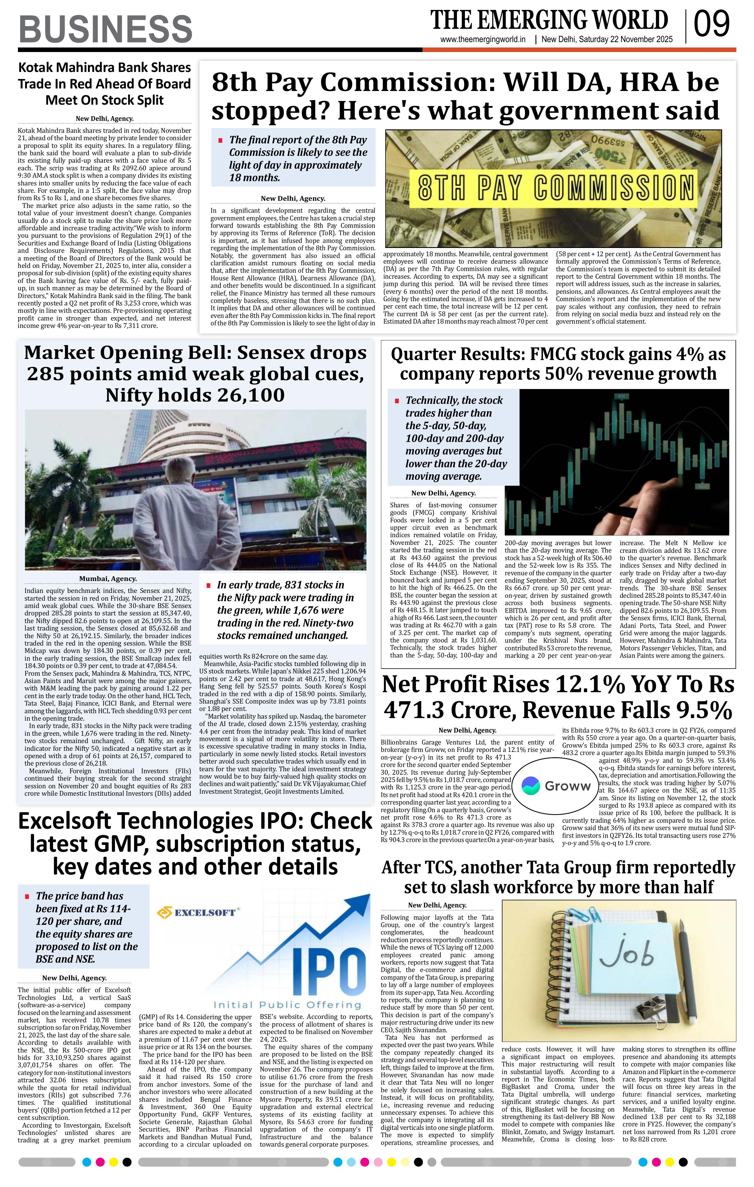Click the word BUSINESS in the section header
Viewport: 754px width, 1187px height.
pyautogui.click(x=106, y=29)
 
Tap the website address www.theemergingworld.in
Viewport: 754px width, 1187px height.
pyautogui.click(x=483, y=40)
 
